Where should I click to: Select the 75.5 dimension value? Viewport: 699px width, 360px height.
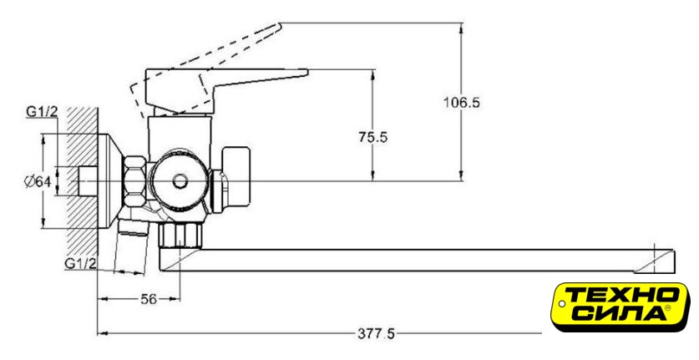tap(373, 137)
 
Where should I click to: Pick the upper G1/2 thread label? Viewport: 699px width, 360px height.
tap(42, 112)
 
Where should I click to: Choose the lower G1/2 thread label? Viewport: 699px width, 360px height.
tap(82, 264)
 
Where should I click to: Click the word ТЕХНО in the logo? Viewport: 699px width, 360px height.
tap(622, 295)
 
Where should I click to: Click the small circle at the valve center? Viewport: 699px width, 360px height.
tap(179, 180)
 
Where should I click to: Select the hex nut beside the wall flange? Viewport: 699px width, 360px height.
tap(134, 182)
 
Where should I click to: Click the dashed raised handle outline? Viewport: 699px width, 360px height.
tap(209, 58)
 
